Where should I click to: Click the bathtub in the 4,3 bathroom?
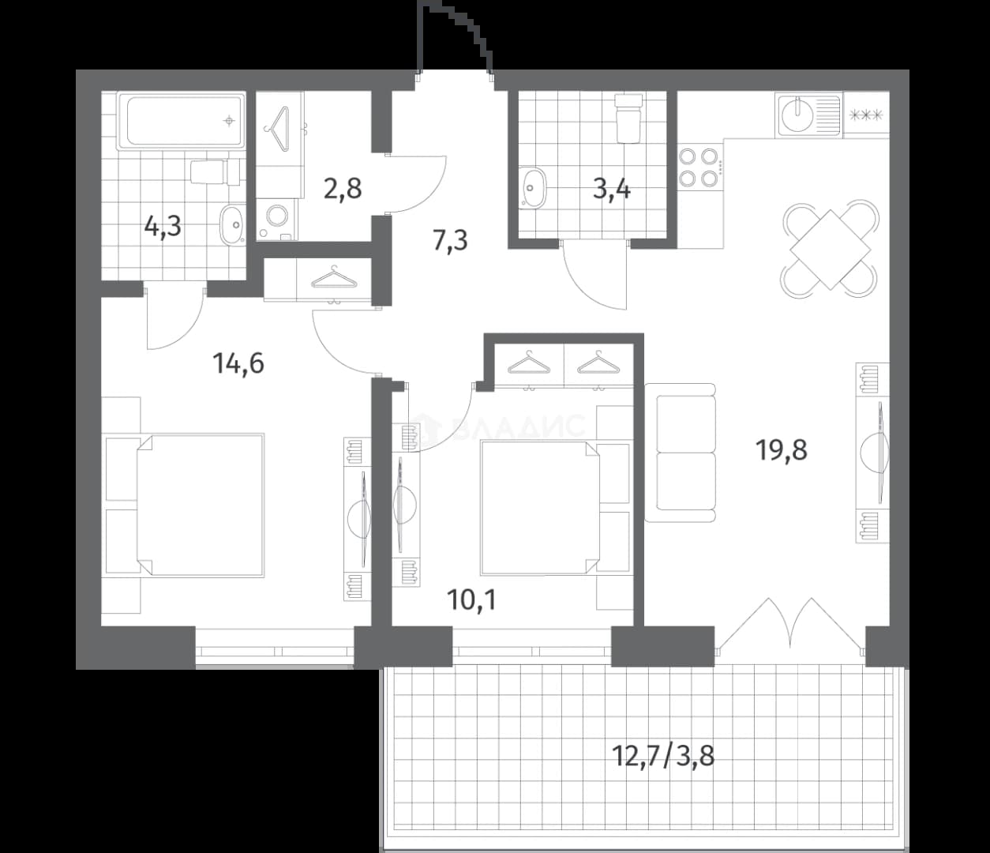pos(181,122)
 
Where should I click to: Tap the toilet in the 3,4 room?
pos(628,118)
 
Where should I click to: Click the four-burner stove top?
pos(699,167)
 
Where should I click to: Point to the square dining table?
pos(830,250)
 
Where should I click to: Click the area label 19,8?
pos(781,450)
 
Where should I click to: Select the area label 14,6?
pos(238,363)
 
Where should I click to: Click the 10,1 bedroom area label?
pos(472,599)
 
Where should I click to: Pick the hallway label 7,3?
pos(450,240)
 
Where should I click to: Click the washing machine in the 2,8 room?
pos(276,219)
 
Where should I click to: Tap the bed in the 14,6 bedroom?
pos(201,505)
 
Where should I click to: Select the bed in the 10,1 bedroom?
pos(540,508)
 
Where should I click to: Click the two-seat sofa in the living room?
pos(681,453)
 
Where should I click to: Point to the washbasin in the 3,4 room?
pos(533,187)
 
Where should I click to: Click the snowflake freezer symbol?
pos(866,115)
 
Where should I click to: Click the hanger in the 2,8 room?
pos(277,129)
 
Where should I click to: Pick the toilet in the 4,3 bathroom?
pos(215,172)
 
